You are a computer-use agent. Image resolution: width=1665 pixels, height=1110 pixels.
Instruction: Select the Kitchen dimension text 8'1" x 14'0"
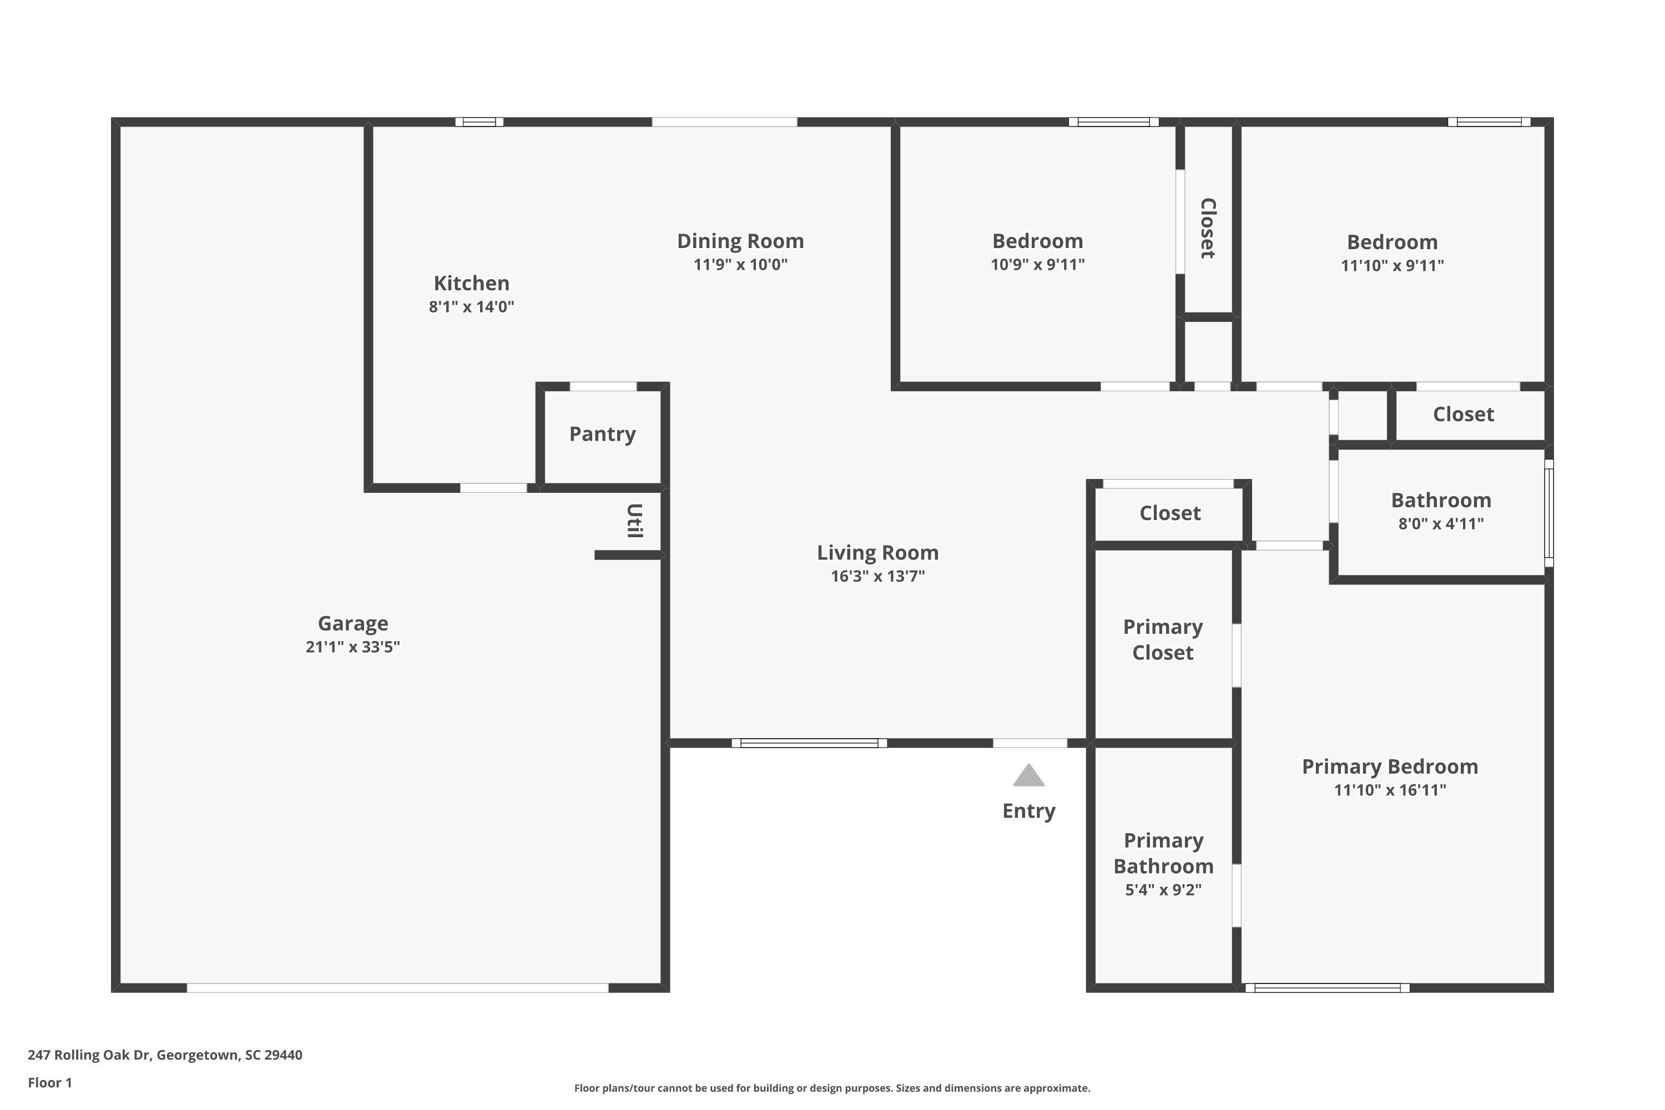(471, 306)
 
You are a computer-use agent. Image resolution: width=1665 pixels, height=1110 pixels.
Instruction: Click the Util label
(635, 521)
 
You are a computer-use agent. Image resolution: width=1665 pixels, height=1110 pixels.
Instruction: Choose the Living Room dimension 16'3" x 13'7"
(878, 576)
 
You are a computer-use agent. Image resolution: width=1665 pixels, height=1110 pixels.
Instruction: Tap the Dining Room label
(740, 241)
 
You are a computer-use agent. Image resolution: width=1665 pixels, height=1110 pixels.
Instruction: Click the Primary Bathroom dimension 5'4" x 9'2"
(1164, 889)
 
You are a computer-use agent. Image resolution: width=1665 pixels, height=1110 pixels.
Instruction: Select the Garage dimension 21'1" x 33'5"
(352, 647)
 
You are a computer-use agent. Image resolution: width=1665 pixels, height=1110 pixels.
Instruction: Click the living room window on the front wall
(809, 743)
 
